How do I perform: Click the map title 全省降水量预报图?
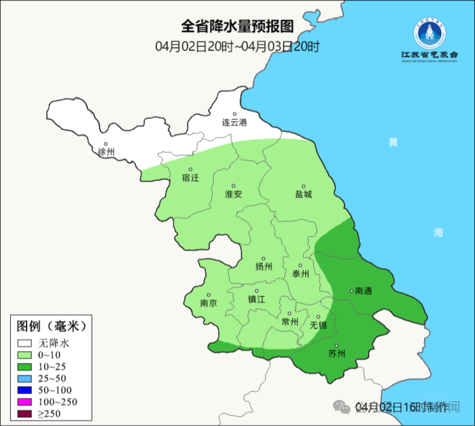click(237, 26)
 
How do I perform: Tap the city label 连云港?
click(234, 123)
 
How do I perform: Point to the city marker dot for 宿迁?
click(190, 170)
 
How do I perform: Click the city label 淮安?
click(234, 194)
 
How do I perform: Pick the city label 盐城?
click(303, 194)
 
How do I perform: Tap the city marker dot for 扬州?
click(263, 259)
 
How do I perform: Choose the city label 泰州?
click(300, 274)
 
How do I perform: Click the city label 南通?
click(364, 291)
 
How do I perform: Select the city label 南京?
click(208, 303)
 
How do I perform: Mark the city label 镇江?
click(257, 299)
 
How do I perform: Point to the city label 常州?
click(290, 322)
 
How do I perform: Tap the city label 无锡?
click(318, 325)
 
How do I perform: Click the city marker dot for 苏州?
click(336, 346)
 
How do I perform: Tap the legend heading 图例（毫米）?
click(51, 326)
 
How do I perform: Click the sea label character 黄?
click(393, 142)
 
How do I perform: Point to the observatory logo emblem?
click(429, 34)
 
